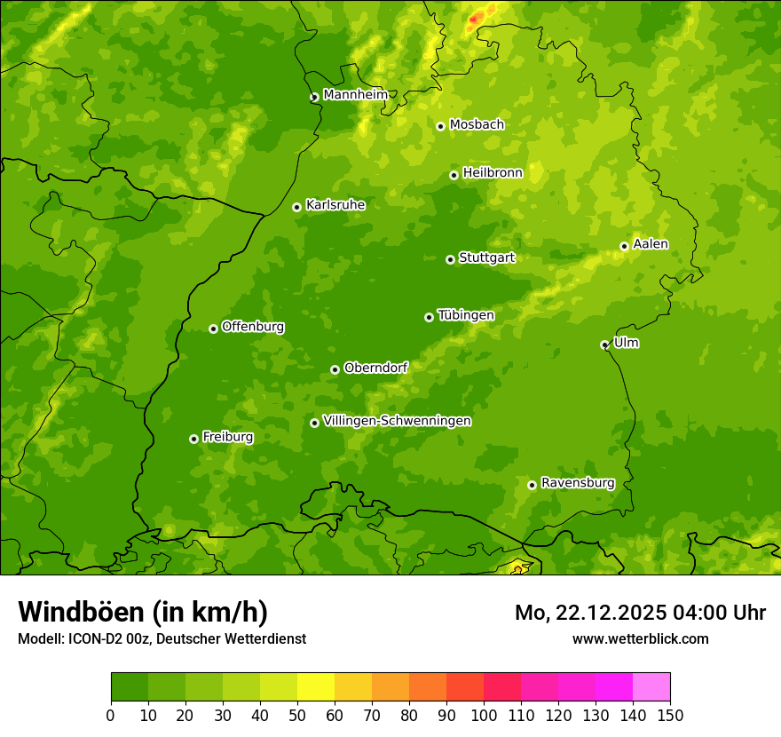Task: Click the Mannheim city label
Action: click(x=355, y=94)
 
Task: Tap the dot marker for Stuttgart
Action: click(x=450, y=259)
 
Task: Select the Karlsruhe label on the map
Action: click(x=335, y=205)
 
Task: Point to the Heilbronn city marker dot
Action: click(x=454, y=175)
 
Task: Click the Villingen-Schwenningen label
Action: click(x=397, y=421)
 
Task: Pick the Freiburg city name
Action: click(x=227, y=437)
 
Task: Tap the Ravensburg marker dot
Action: click(x=532, y=485)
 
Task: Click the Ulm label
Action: click(x=626, y=343)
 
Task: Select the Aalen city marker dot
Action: click(x=624, y=246)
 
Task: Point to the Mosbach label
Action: click(x=477, y=125)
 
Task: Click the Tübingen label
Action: click(x=465, y=315)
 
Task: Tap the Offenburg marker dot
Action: click(x=213, y=329)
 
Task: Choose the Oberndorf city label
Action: click(x=375, y=368)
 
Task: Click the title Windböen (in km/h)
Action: click(x=142, y=612)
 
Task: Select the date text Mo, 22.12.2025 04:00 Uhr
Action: click(x=640, y=613)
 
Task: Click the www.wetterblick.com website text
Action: click(x=640, y=638)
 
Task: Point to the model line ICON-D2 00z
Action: click(x=162, y=639)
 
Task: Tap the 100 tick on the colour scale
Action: click(x=484, y=715)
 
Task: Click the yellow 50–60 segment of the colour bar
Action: click(x=316, y=687)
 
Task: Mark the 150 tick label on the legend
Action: click(x=670, y=715)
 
